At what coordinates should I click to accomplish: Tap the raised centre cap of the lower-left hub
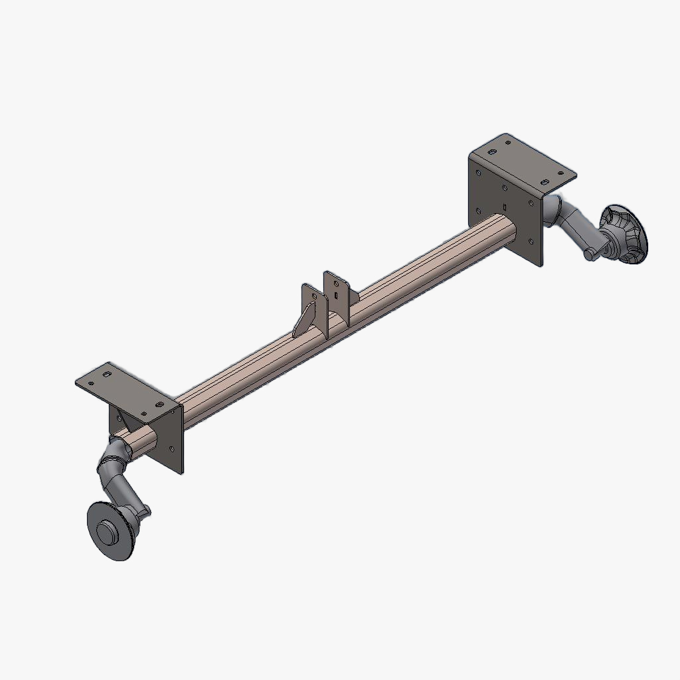click(x=107, y=531)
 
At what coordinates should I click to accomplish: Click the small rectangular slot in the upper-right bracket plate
click(x=505, y=189)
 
